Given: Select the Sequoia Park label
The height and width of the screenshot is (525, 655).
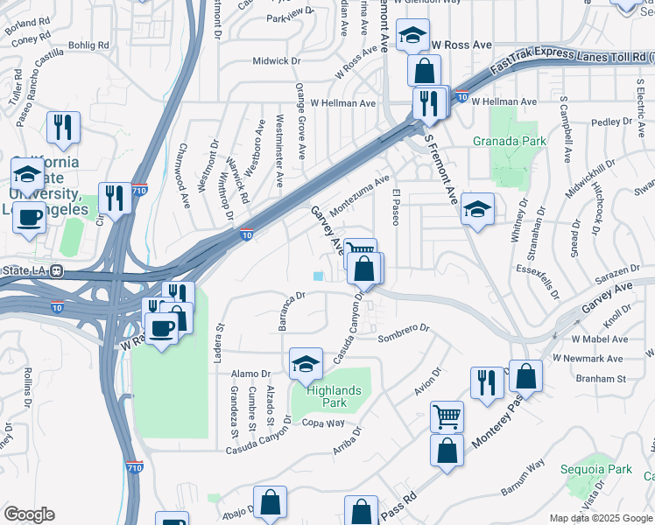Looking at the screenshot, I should [x=605, y=469].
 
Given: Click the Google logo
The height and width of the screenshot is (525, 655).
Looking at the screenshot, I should [x=29, y=514].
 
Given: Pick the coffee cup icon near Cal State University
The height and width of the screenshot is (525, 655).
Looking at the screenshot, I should [x=29, y=216].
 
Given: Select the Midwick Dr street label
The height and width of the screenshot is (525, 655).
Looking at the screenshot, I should [x=277, y=61].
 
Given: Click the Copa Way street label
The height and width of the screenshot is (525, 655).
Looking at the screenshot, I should [x=325, y=423].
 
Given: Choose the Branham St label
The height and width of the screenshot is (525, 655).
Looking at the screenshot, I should [x=600, y=379].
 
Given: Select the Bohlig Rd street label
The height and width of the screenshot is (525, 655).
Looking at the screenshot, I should [x=90, y=45].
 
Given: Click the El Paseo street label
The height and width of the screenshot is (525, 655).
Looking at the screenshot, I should [x=396, y=206].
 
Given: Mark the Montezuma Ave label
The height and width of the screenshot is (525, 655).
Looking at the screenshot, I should [x=359, y=192].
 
